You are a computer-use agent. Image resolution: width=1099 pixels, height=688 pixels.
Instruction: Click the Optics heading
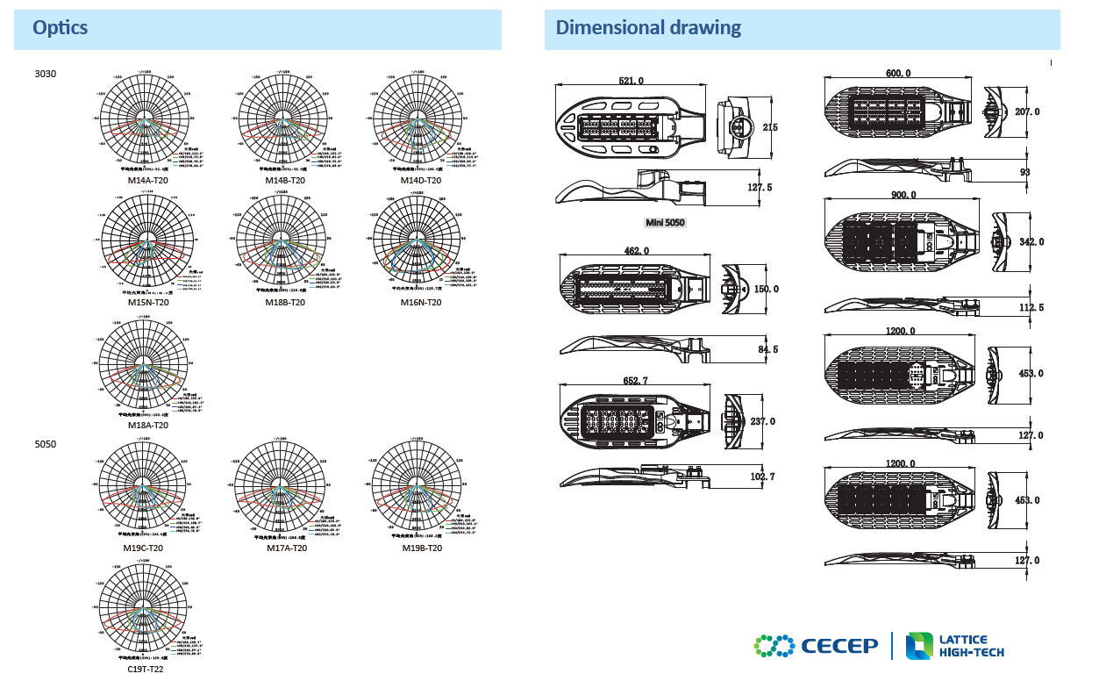point(61,28)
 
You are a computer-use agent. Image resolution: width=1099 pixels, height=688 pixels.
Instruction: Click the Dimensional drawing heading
point(648,28)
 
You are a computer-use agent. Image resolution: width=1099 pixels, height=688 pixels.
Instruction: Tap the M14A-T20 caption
point(147,180)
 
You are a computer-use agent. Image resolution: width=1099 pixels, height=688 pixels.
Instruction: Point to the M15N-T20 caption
point(147,303)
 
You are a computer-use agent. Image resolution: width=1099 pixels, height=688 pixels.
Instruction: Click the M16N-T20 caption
point(421,303)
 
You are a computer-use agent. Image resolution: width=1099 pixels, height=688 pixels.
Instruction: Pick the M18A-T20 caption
point(147,425)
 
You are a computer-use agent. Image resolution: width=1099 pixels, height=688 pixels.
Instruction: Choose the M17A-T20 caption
point(287,548)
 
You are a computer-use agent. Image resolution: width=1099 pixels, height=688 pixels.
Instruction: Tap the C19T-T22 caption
point(146,669)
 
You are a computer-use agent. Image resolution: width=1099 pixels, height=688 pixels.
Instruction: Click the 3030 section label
point(46,75)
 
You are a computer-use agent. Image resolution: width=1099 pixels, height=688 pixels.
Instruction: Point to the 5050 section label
point(46,444)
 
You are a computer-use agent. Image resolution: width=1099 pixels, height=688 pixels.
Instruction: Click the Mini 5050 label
point(665,222)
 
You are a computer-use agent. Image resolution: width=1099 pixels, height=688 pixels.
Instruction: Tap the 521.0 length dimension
point(632,81)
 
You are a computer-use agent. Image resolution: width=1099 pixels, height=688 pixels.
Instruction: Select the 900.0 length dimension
point(903,195)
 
